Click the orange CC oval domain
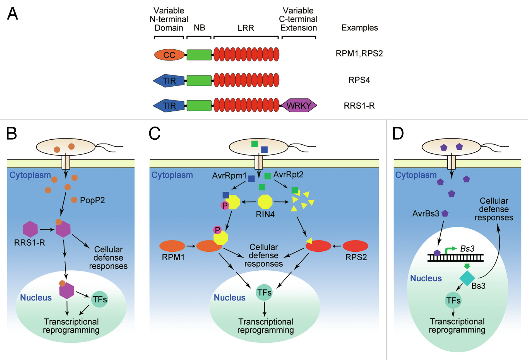(x=169, y=55)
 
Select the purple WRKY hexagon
(x=299, y=106)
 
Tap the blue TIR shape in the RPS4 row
(x=169, y=81)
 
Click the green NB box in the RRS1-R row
(x=199, y=106)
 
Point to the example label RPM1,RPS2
(x=359, y=53)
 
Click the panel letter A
(x=13, y=14)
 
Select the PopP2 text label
(x=92, y=200)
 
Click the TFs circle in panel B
(x=100, y=299)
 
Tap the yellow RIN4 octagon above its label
(x=265, y=202)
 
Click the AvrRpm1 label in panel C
(x=229, y=176)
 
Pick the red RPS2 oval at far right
(x=355, y=246)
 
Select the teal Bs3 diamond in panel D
(x=467, y=278)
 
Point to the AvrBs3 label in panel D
(x=426, y=214)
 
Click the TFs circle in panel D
(x=453, y=301)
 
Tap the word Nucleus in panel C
(x=229, y=298)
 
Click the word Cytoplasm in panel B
(x=30, y=175)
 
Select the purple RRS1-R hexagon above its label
(x=30, y=229)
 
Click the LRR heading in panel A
(x=246, y=28)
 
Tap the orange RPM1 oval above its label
(x=172, y=246)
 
